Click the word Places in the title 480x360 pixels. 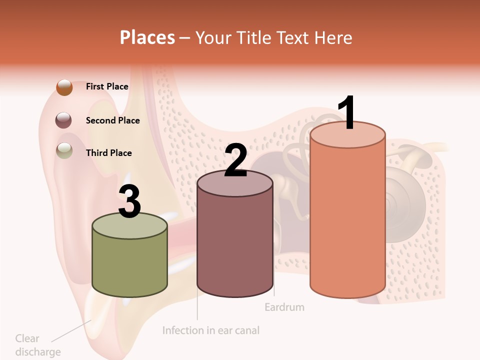click(x=147, y=37)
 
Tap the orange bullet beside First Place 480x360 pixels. click(x=64, y=87)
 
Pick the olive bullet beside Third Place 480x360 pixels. click(x=64, y=150)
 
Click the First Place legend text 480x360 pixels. click(x=107, y=86)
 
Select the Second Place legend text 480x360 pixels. click(x=112, y=120)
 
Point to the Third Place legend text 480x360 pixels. click(x=108, y=153)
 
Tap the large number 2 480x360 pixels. click(x=235, y=160)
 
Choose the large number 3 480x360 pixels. click(x=129, y=202)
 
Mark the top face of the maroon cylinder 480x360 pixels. click(x=235, y=184)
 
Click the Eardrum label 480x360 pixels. click(x=284, y=307)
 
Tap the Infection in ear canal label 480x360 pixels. click(x=211, y=330)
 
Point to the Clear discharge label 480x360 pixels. click(x=37, y=345)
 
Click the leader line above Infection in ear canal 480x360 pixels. click(x=197, y=307)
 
